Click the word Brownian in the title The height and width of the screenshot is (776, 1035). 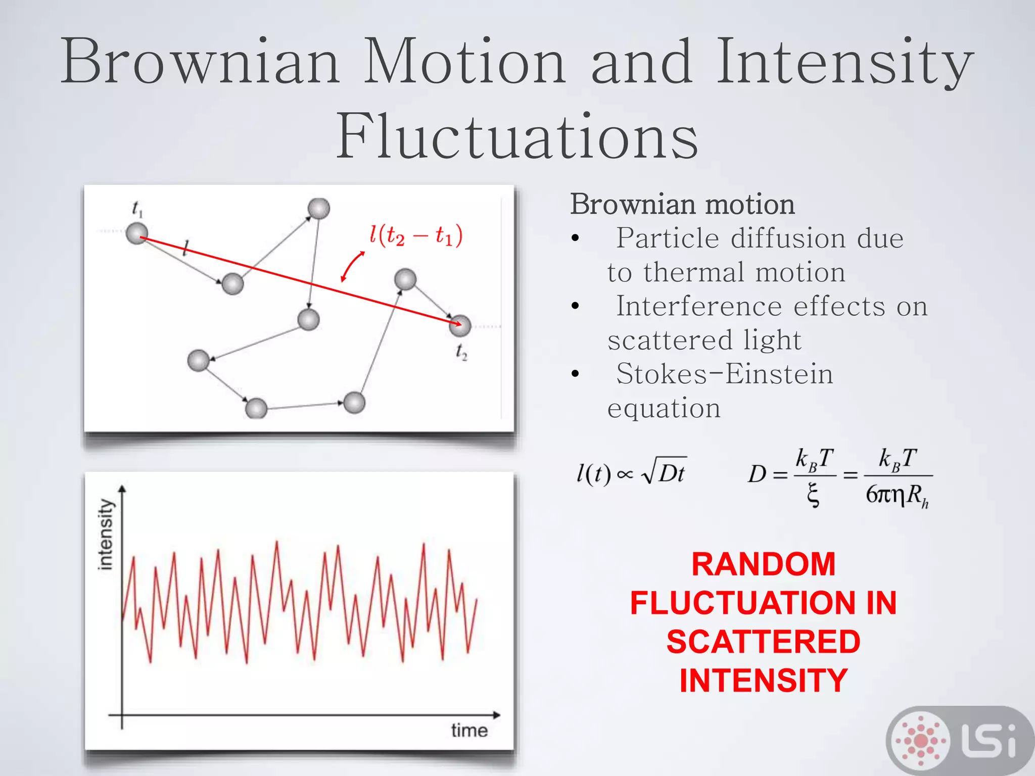coord(200,62)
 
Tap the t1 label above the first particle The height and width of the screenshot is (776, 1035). coord(137,209)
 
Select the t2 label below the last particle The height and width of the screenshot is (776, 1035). coord(461,352)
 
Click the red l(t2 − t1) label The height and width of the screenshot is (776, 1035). coord(415,235)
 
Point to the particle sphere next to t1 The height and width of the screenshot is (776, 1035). coord(136,234)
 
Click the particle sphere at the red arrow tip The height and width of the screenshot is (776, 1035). coord(460,325)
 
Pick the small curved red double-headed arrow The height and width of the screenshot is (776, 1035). coord(352,266)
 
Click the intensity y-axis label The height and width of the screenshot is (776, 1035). coord(106,534)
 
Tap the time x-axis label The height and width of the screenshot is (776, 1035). coord(469,731)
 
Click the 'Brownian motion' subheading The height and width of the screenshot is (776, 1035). coord(682,205)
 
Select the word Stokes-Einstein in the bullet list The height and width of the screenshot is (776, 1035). coord(724,374)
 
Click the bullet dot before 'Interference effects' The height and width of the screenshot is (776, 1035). coord(575,306)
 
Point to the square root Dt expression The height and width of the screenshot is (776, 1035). coord(664,473)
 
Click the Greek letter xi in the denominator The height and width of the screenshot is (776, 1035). coord(813,495)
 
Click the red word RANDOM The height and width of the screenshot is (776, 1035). coord(763,564)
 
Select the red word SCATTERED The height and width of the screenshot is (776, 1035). coord(763,642)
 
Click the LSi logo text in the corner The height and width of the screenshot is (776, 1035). coord(988,741)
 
